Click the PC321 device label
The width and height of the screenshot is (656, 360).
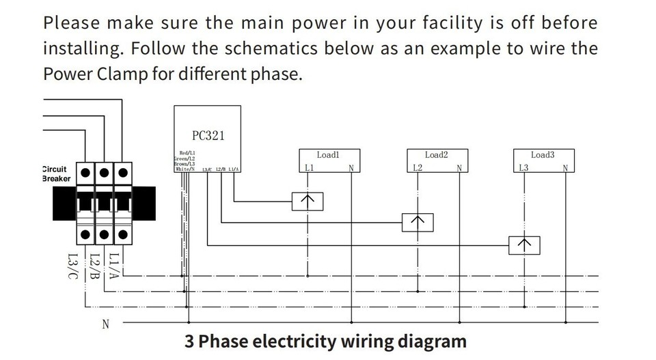(x=208, y=135)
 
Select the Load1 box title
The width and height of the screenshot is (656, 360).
(x=328, y=155)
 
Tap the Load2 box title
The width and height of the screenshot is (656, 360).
(x=436, y=155)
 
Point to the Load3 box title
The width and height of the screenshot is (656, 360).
(x=543, y=155)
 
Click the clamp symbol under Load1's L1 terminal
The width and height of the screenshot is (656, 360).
(x=307, y=201)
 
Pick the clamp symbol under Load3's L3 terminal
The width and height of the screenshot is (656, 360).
(x=524, y=245)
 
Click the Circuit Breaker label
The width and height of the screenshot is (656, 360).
(x=55, y=174)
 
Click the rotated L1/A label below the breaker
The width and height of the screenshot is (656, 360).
(x=115, y=267)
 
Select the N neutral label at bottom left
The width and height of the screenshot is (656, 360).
(x=105, y=324)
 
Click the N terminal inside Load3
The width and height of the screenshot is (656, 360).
(x=565, y=168)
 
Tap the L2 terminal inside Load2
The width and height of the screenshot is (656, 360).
(x=418, y=168)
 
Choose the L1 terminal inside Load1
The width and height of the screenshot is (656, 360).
(x=309, y=168)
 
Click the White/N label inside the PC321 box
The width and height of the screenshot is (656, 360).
(x=185, y=169)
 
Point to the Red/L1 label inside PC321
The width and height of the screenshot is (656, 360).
(x=187, y=152)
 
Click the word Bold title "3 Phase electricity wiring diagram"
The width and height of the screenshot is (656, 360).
(x=325, y=341)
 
